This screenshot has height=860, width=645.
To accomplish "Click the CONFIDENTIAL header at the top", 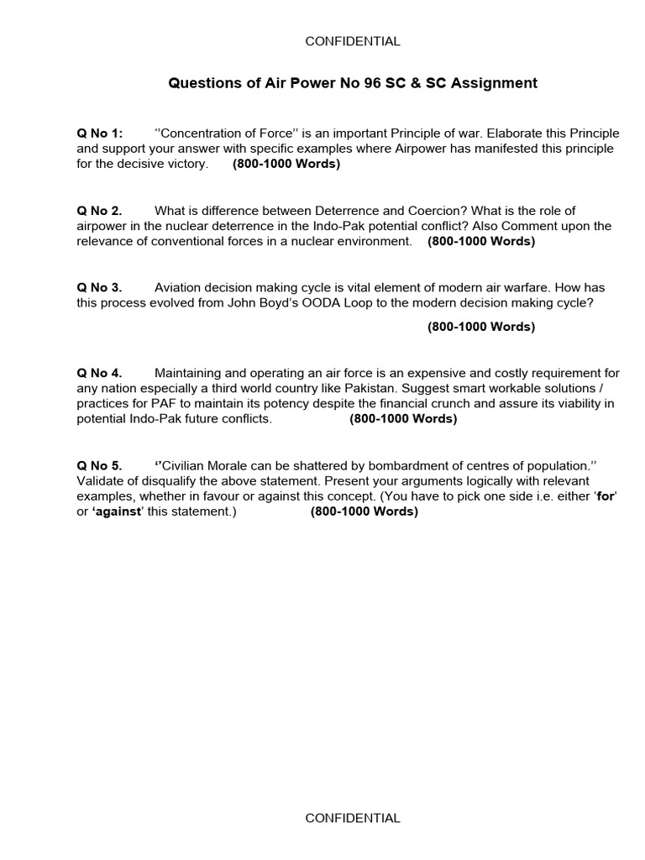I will (353, 41).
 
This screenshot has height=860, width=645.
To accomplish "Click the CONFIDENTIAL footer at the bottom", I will (353, 818).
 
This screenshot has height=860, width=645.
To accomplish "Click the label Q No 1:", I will (100, 134).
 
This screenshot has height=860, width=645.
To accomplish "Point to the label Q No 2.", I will (99, 211).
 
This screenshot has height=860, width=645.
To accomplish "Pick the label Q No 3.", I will (99, 288).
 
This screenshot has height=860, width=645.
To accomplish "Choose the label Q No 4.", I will (99, 373).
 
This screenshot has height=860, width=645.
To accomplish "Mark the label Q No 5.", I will (99, 465).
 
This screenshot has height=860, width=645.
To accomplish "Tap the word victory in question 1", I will (186, 164).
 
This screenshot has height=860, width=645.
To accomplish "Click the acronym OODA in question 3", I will (298, 303).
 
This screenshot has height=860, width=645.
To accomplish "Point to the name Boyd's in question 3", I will (256, 303).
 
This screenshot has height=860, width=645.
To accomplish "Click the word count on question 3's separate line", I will (480, 327).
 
